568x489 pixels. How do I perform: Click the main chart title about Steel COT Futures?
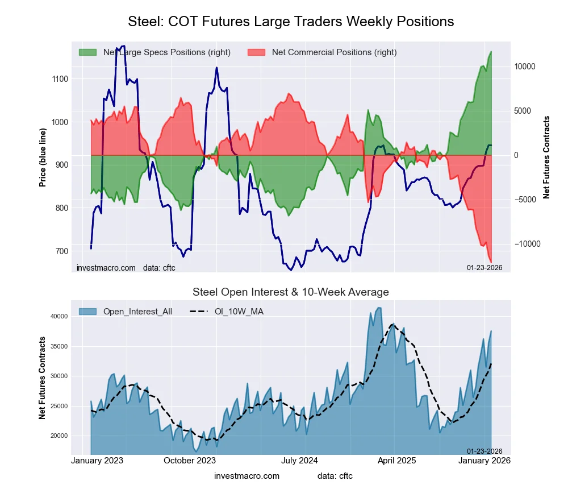click(x=291, y=22)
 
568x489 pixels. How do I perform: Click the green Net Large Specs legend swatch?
click(x=87, y=52)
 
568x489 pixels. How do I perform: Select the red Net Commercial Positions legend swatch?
click(x=257, y=52)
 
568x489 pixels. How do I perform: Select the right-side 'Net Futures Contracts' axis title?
click(x=546, y=157)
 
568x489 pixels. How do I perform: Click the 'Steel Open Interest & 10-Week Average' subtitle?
click(x=291, y=292)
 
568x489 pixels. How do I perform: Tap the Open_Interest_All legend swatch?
click(x=87, y=311)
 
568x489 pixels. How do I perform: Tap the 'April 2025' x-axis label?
click(x=406, y=461)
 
